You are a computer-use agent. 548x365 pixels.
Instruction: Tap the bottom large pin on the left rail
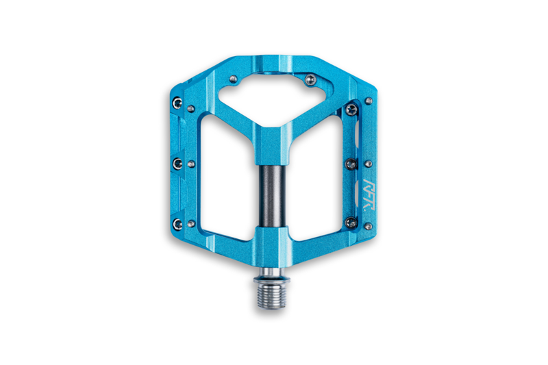[x=178, y=223]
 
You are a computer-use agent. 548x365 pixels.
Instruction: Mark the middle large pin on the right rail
[x=352, y=163]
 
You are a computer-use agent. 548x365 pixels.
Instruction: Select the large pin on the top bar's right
[x=312, y=79]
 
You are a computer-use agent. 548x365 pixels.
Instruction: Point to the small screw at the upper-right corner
[x=369, y=101]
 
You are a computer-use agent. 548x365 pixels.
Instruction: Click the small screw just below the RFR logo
[x=368, y=225]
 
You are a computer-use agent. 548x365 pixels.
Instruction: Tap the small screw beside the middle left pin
[x=191, y=164]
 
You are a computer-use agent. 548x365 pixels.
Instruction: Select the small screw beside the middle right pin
[x=368, y=164]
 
